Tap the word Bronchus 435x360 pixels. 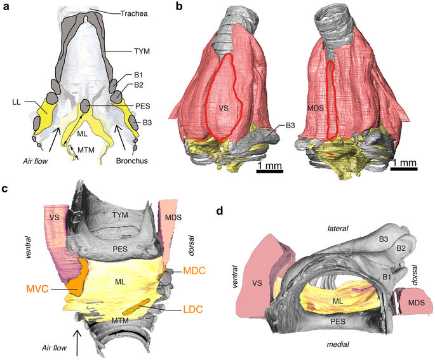point(131,161)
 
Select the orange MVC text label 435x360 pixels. point(39,289)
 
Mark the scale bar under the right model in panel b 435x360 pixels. point(404,169)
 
